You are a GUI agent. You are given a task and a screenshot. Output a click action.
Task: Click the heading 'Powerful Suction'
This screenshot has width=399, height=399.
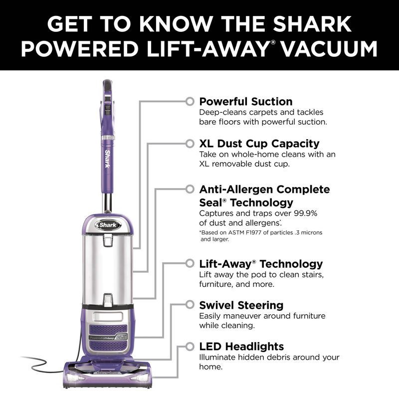(246, 102)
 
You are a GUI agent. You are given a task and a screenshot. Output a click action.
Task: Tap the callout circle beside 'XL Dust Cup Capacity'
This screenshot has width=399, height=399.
(190, 144)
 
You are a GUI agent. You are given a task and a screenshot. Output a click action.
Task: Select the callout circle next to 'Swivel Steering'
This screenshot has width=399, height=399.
(190, 304)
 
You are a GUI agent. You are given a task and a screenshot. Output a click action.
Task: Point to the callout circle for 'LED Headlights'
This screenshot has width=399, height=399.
(190, 346)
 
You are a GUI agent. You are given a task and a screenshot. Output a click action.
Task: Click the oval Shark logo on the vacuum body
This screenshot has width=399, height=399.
(108, 225)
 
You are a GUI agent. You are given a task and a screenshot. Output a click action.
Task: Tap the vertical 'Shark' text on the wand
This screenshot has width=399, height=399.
(108, 159)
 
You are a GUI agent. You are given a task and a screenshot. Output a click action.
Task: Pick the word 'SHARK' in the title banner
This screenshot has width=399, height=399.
(312, 24)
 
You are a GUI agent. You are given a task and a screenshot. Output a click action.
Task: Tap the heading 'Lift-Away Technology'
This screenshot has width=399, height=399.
(261, 264)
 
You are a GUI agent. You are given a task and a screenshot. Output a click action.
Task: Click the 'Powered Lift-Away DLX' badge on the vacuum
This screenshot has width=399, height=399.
(108, 338)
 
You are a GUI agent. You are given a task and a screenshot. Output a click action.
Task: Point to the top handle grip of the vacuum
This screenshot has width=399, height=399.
(108, 85)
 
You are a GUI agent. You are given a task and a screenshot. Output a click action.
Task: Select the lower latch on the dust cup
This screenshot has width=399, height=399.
(108, 300)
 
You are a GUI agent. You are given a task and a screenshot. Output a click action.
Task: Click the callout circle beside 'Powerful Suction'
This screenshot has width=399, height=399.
(190, 101)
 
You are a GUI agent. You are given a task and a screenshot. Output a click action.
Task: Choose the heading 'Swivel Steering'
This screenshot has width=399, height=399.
(241, 305)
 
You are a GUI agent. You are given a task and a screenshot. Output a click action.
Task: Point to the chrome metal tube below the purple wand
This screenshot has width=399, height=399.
(107, 203)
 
